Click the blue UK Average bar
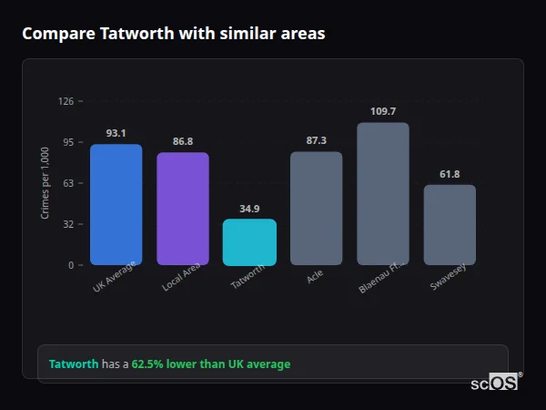point(116,205)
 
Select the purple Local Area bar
point(182,209)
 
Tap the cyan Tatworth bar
point(249,242)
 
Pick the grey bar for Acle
point(316,209)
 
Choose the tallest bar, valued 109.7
point(383,194)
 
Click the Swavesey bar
point(450,225)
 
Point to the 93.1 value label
point(116,133)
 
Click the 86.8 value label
point(182,141)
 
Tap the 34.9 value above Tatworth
point(249,209)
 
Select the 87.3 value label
point(316,140)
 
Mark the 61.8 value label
point(450,174)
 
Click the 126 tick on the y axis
point(66,101)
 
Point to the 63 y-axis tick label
point(68,183)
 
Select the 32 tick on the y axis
point(68,224)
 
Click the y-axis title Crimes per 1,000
point(45,183)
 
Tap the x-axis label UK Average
point(115,276)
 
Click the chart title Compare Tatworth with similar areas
point(174,34)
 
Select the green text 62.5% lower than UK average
point(211,364)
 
